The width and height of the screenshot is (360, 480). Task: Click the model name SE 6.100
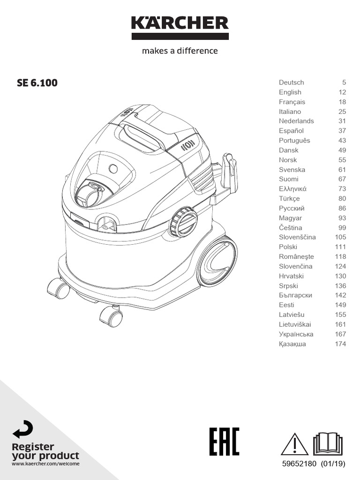click(37, 83)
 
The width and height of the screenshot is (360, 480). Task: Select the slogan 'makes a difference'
click(180, 51)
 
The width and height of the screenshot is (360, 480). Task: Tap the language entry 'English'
click(290, 92)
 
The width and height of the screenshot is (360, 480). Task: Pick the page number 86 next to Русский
click(342, 208)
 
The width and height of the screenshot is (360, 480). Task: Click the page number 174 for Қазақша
click(340, 344)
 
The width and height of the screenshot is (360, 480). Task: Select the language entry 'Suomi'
click(289, 179)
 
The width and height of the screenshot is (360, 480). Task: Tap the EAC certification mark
click(224, 441)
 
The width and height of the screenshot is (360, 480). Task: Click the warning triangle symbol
click(294, 444)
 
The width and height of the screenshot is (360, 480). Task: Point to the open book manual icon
click(328, 444)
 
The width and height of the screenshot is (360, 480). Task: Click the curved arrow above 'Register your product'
click(22, 430)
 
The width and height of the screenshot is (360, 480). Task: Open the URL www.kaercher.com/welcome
click(45, 464)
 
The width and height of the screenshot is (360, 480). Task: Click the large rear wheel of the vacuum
click(217, 262)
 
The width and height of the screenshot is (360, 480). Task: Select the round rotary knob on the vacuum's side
click(183, 222)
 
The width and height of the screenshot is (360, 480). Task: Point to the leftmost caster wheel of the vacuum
click(59, 288)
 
